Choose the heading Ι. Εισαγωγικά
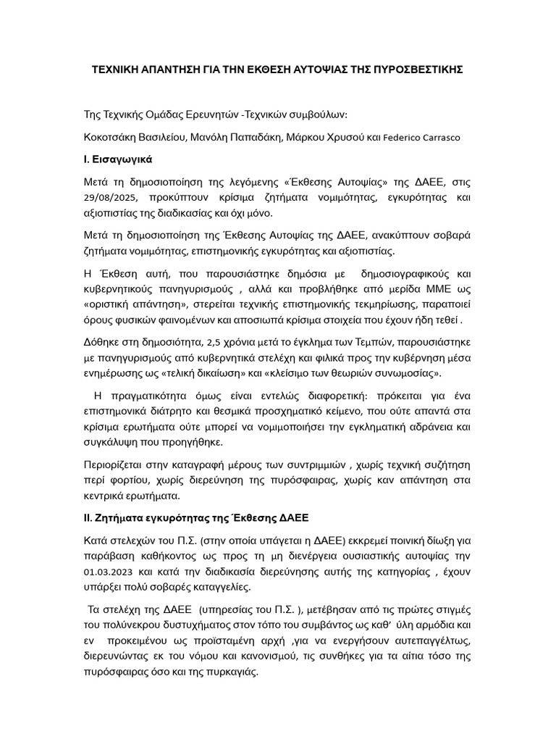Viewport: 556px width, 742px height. pos(118,159)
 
